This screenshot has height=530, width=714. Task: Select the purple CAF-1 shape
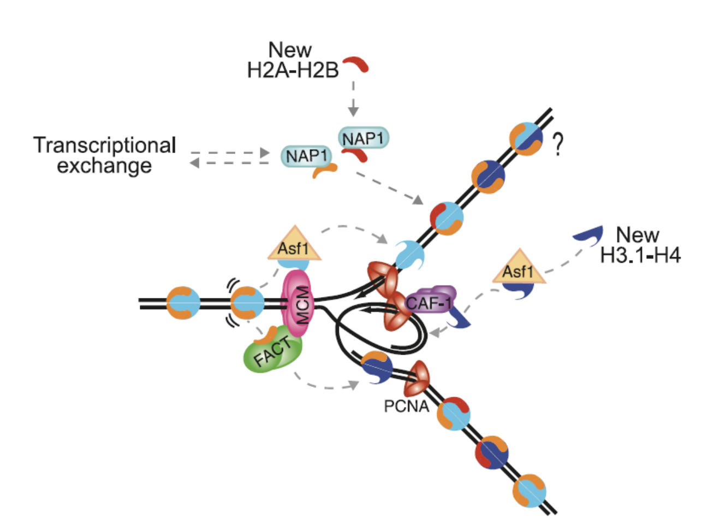(x=431, y=299)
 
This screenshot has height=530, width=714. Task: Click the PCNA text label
(x=407, y=407)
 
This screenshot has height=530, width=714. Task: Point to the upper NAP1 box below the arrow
(x=364, y=138)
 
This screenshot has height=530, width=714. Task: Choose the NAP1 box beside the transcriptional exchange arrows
(x=306, y=156)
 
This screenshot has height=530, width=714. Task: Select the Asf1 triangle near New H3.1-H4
(x=519, y=268)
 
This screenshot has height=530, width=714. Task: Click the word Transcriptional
(x=105, y=145)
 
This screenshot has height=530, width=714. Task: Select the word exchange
(x=104, y=166)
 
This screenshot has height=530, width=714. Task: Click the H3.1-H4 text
(x=640, y=256)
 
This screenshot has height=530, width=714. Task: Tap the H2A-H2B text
(x=293, y=70)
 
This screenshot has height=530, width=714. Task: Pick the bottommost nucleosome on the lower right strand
(x=529, y=490)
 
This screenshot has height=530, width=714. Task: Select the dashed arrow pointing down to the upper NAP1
(x=353, y=98)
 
